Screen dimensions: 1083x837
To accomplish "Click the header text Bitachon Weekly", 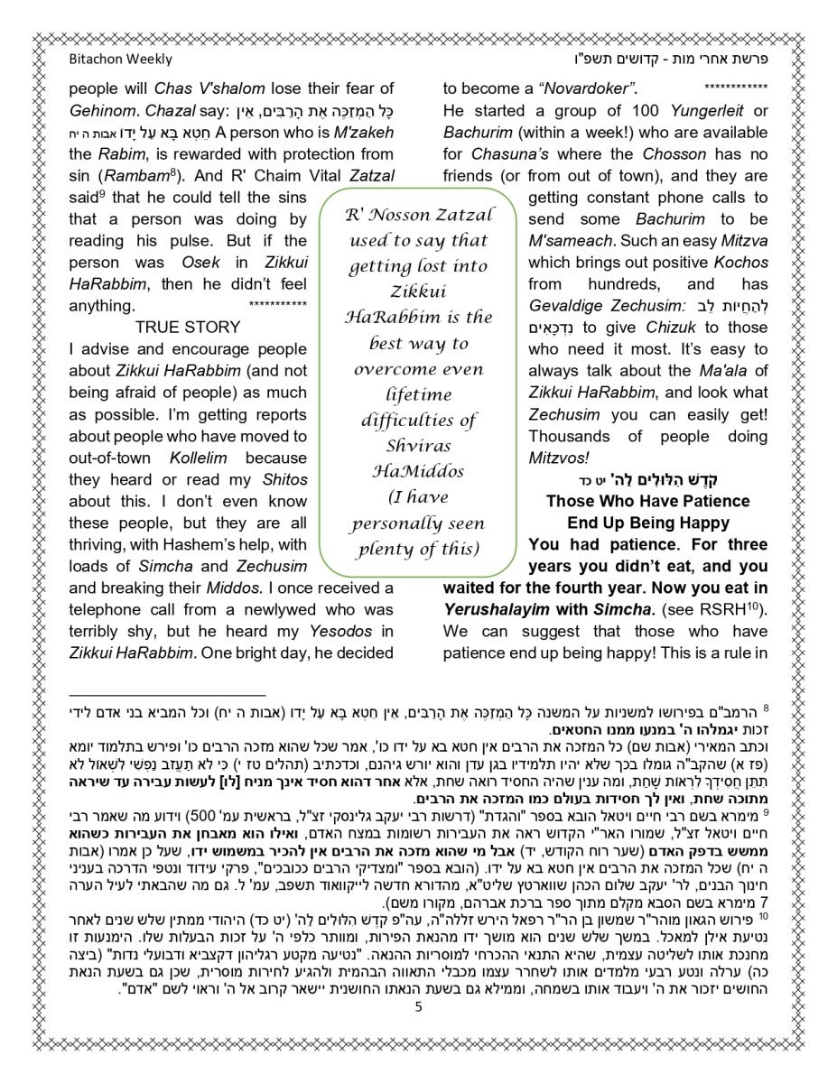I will [x=120, y=60].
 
